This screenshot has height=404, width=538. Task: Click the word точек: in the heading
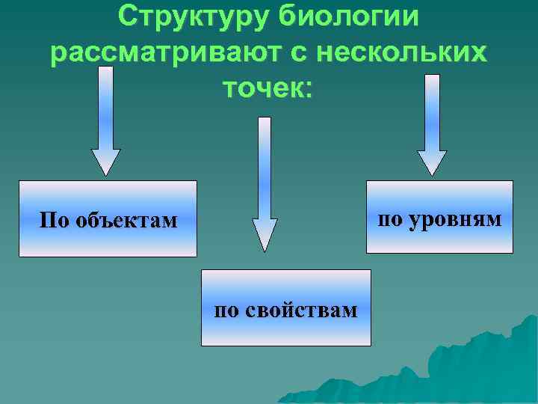tap(269, 89)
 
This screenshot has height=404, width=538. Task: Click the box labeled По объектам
tap(108, 218)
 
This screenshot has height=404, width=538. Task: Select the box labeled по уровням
tap(439, 216)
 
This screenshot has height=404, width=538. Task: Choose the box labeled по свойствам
tap(286, 307)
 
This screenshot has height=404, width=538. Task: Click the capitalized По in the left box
tap(54, 221)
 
